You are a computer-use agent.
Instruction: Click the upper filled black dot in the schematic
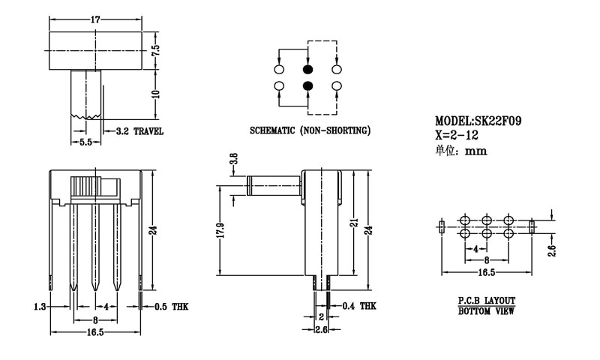pos(308,69)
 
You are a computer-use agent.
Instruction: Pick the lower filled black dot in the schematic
pos(308,87)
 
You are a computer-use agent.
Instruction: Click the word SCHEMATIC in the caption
pos(274,131)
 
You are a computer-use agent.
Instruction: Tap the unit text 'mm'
pos(476,151)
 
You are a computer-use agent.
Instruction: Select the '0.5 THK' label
pos(169,307)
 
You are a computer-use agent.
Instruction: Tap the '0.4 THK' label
pos(359,306)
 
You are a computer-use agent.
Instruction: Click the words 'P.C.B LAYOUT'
pos(486,300)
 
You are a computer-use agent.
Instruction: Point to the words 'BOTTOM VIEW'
pos(486,310)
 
